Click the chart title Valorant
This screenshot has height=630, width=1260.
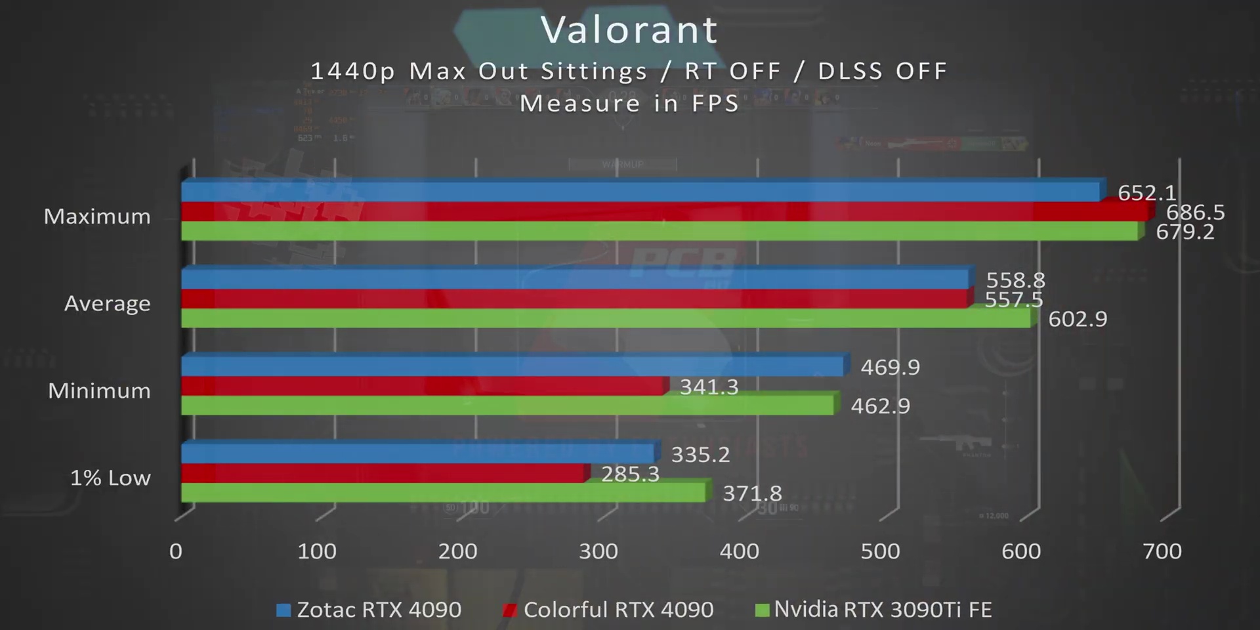point(629,30)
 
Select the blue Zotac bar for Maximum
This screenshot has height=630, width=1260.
point(640,192)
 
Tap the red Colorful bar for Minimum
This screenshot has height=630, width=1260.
point(423,387)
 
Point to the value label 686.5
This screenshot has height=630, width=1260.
point(1195,212)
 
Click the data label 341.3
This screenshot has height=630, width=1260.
point(709,387)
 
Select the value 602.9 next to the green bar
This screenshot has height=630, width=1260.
point(1078,319)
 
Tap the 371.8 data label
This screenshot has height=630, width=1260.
point(752,493)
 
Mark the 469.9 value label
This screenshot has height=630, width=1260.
point(890,367)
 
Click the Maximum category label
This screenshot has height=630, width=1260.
point(97,216)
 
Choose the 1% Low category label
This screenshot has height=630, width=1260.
point(110,477)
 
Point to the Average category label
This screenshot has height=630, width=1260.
point(107,303)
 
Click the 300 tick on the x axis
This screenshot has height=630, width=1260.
point(598,551)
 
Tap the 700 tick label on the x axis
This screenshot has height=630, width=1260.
point(1162,551)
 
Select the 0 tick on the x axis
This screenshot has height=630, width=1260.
point(175,551)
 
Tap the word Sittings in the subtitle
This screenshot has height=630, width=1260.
point(594,71)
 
